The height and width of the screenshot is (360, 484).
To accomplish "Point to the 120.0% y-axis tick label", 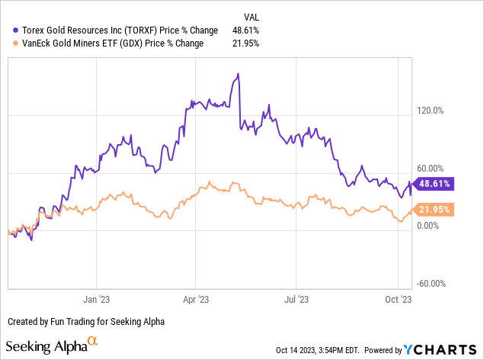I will (x=431, y=110).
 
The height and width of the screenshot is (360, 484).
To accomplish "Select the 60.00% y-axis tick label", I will (x=431, y=168).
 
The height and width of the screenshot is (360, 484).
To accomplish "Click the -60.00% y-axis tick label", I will (x=431, y=284).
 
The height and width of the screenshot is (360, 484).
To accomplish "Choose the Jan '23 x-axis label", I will (x=97, y=301).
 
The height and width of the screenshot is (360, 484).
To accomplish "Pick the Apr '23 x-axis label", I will (x=196, y=301).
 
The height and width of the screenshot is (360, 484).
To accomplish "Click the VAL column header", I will (x=251, y=15).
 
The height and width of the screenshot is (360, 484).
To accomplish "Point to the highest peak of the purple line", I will (x=239, y=74).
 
